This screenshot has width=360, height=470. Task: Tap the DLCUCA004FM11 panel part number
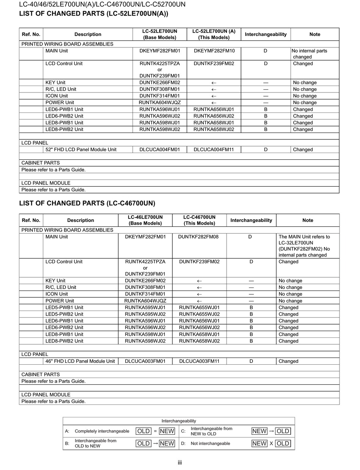214,150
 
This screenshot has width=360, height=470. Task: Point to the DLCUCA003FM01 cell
145,361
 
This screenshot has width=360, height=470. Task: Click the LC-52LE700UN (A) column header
214,34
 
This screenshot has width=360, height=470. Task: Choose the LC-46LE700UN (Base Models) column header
145,220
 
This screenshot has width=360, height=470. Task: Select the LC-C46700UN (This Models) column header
199,220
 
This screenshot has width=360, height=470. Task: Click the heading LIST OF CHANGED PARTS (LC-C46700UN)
87,203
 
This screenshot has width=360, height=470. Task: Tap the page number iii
180,462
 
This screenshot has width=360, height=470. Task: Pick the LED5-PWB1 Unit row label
64,308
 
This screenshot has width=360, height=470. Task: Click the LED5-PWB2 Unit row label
64,314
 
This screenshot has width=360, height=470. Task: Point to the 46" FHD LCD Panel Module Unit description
80,361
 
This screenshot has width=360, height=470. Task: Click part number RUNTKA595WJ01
145,308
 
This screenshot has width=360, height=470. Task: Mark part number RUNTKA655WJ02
199,314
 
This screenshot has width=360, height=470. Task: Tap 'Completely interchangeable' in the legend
102,431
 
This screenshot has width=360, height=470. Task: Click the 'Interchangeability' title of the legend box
179,421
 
